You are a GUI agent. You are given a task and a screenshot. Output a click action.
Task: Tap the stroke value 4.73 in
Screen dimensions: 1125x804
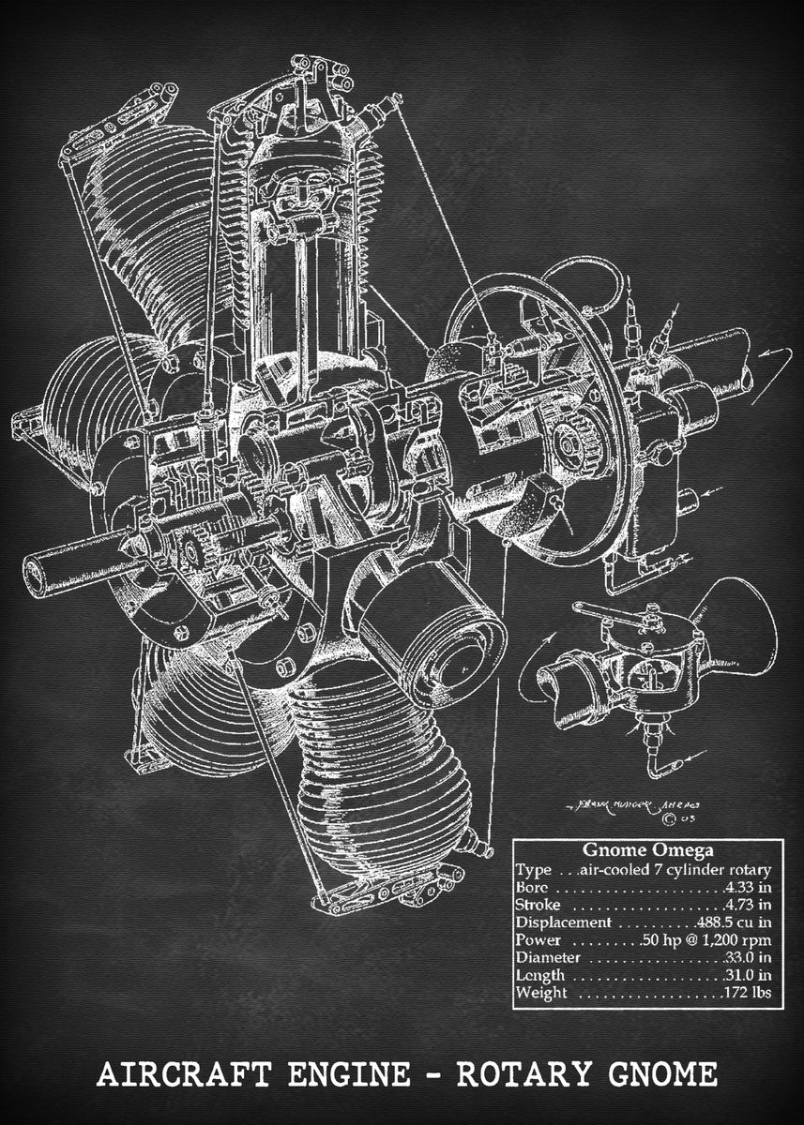(747, 905)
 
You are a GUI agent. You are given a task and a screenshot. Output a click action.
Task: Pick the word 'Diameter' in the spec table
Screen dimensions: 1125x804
(548, 958)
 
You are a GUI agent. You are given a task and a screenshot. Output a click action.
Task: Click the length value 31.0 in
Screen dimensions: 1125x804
(747, 976)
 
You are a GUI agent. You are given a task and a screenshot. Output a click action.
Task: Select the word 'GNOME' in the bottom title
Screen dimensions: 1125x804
(666, 1072)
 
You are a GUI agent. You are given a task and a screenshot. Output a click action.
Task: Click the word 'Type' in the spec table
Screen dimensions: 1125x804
(533, 869)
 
